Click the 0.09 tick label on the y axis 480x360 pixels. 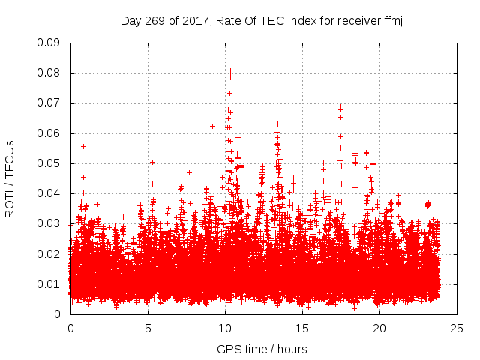coord(49,43)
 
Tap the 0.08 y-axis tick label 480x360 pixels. coord(49,73)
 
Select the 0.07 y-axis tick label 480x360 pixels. coord(49,103)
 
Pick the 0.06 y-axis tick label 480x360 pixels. coord(49,133)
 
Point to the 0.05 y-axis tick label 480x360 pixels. coord(49,163)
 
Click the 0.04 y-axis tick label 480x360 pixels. coord(49,193)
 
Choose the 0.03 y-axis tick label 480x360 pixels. coord(49,223)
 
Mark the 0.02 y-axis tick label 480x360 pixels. coord(49,253)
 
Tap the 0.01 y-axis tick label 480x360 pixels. coord(49,283)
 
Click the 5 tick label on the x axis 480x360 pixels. coord(148,328)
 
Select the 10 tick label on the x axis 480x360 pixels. coord(225,328)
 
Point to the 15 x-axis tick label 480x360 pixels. coord(302,328)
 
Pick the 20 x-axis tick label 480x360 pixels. coord(379,328)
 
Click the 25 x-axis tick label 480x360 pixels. coord(457,328)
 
